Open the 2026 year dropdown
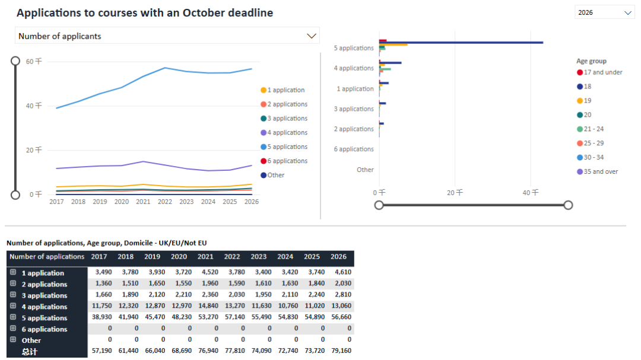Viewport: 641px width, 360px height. (604, 12)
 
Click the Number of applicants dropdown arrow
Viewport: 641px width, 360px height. (312, 36)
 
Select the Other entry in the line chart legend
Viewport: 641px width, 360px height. (275, 175)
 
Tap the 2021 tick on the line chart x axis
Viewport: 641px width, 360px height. (143, 202)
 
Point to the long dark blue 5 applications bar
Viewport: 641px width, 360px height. (463, 42)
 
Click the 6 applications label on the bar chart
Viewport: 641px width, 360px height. (354, 149)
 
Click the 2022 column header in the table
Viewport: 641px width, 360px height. (232, 257)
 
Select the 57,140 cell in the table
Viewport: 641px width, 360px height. (232, 318)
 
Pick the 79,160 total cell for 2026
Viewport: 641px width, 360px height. (338, 352)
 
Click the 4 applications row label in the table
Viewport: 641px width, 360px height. (45, 307)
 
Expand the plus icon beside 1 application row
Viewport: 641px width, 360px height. (12, 273)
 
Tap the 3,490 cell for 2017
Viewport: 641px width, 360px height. (99, 273)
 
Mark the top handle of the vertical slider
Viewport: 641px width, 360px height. (15, 61)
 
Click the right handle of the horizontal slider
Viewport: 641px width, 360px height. (568, 205)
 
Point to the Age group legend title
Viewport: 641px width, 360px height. (591, 61)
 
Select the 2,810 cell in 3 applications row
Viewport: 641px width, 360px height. (338, 295)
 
